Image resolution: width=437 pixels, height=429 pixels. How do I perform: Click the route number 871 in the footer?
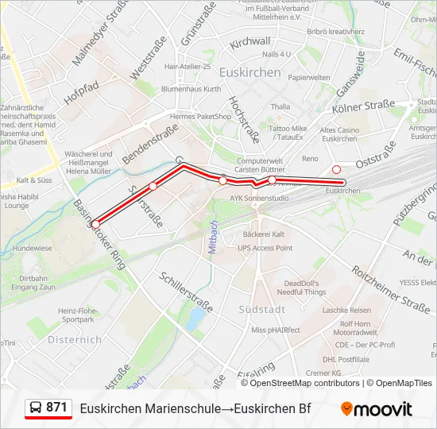pos(56,408)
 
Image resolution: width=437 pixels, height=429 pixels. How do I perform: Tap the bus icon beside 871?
pos(36,408)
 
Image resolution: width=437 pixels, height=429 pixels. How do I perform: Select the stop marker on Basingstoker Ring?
pos(95,224)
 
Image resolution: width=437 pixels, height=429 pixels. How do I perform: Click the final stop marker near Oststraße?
pos(336,169)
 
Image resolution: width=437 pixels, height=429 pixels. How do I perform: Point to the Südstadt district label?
pos(261,308)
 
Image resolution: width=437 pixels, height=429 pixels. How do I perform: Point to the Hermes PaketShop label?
pos(199,116)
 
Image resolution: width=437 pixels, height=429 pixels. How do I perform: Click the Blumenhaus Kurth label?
pos(191,89)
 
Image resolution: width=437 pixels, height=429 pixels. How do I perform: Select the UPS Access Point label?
pos(265,248)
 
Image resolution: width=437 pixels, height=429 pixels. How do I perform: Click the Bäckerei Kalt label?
pos(263,234)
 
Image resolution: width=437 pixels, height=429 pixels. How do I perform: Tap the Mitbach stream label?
pos(213,238)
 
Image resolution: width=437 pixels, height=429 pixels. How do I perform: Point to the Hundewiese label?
pos(33,248)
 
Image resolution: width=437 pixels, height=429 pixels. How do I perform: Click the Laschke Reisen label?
pos(346,310)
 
